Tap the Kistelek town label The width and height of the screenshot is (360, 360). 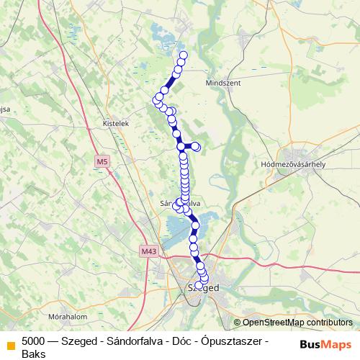[x=115, y=123]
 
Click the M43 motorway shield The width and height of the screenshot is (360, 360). [x=148, y=251]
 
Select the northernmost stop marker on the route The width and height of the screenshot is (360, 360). [x=183, y=55]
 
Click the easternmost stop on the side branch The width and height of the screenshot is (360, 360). [x=196, y=148]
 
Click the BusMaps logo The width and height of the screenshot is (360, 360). [x=326, y=344]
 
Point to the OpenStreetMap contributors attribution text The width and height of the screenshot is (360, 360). [x=296, y=323]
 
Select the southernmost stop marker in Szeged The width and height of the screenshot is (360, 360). [x=199, y=285]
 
